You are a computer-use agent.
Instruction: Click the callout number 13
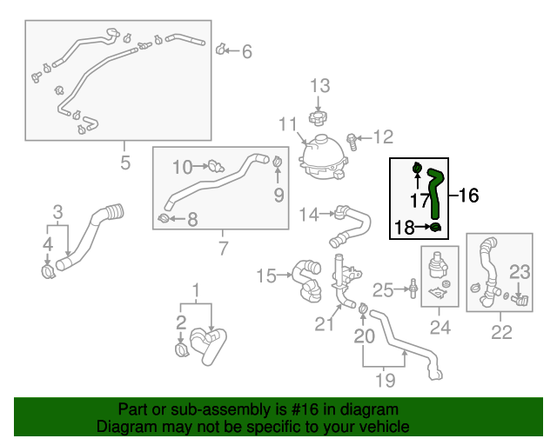[320, 85]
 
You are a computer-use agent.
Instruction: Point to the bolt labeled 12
[353, 137]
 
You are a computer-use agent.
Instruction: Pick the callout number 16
[468, 196]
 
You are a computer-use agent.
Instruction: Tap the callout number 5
[124, 163]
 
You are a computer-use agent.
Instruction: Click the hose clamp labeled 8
[164, 217]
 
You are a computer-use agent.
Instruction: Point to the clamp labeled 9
[278, 162]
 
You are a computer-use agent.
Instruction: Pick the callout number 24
[440, 329]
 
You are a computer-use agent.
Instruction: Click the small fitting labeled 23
[520, 300]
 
